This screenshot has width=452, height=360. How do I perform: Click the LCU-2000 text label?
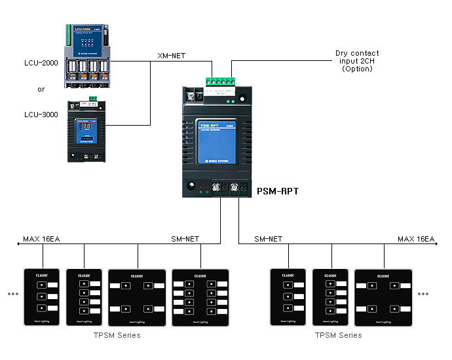point(41,63)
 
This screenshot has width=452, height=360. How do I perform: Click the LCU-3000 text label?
point(41,115)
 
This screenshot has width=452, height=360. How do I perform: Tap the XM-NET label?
point(171,55)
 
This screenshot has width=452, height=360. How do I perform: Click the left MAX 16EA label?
point(41,239)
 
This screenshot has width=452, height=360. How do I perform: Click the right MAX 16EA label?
point(416,239)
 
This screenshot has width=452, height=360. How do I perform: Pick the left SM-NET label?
point(185,239)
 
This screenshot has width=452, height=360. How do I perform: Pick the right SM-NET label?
point(268,239)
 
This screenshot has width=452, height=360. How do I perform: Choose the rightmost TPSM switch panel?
point(383,297)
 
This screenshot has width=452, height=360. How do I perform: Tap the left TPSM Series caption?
point(117,335)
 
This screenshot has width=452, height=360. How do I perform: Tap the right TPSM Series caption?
point(338,335)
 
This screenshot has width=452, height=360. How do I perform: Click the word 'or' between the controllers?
point(41,89)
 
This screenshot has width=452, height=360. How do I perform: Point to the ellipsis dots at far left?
point(13,294)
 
